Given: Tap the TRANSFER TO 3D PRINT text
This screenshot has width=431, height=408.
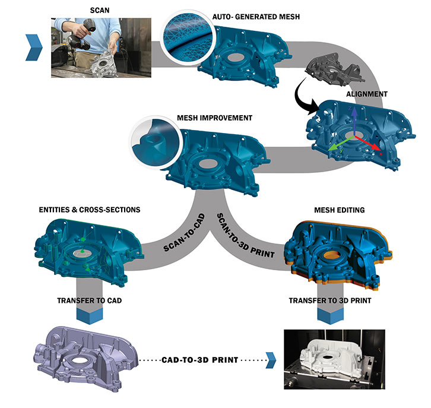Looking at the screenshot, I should [330, 301].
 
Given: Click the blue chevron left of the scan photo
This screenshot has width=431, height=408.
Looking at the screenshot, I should [33, 48].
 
